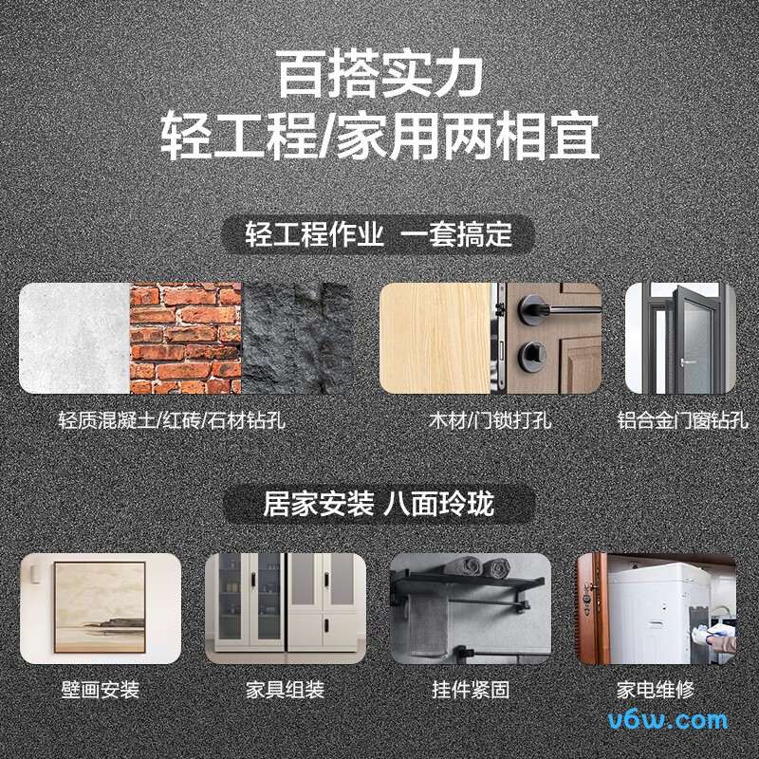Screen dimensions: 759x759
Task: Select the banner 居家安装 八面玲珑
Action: pyautogui.click(x=379, y=504)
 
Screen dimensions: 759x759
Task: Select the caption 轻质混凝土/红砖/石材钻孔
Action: pyautogui.click(x=171, y=419)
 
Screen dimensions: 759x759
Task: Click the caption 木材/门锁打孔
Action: pyautogui.click(x=491, y=419)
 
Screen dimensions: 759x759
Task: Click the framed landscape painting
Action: pyautogui.click(x=100, y=607)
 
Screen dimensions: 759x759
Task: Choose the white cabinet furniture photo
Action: pyautogui.click(x=286, y=607)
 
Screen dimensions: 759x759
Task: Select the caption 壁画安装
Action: pyautogui.click(x=100, y=690)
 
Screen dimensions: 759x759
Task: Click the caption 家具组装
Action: pyautogui.click(x=286, y=690)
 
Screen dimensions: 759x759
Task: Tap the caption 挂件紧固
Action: pyautogui.click(x=471, y=690)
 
